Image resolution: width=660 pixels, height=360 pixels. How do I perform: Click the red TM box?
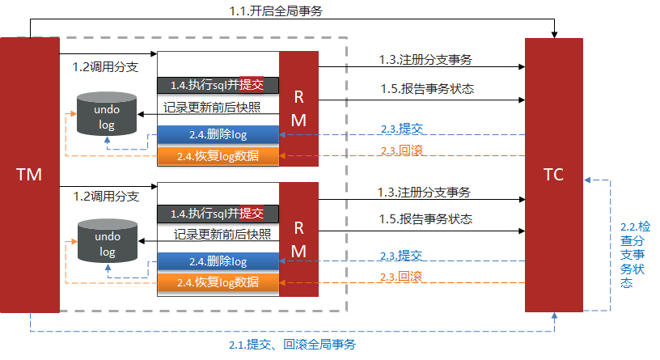[x=30, y=174]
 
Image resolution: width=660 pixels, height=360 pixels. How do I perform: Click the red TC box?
[x=553, y=174]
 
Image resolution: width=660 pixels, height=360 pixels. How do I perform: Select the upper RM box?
[x=298, y=108]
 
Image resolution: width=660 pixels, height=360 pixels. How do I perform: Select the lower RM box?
[x=298, y=239]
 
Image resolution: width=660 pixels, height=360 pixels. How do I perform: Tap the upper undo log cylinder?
[x=107, y=115]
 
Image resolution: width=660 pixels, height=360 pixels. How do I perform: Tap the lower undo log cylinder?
[x=107, y=244]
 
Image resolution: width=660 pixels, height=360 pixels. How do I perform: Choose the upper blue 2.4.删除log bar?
[x=218, y=134]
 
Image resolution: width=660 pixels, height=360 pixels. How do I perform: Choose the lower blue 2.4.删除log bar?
[x=218, y=261]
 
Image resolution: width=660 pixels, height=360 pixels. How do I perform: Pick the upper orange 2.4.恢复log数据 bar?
[x=218, y=155]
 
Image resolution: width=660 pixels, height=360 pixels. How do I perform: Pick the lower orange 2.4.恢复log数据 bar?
[x=218, y=282]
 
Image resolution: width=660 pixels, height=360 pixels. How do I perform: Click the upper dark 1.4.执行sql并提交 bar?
[x=218, y=85]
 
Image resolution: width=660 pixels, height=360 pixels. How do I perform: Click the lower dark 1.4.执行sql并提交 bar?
[x=218, y=214]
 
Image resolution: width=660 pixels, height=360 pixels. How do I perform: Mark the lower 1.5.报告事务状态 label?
[x=425, y=219]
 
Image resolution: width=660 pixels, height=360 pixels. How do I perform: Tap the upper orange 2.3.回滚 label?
[x=401, y=150]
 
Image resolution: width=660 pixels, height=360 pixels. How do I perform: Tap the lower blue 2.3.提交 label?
[x=401, y=256]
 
